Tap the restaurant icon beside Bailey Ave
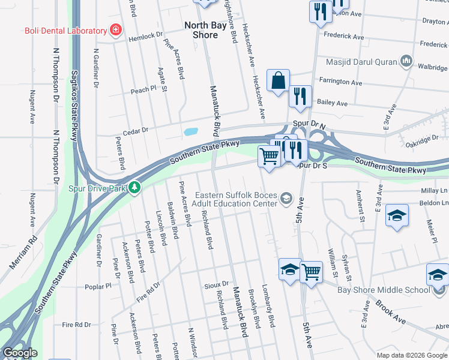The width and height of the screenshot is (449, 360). click(298, 97)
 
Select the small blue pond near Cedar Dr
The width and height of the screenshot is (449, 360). click(191, 131)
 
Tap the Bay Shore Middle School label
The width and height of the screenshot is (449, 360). click(393, 290)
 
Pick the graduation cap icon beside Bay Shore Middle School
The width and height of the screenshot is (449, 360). click(438, 275)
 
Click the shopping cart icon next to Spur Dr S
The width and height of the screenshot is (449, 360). click(270, 157)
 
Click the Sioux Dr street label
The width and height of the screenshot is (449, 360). click(217, 284)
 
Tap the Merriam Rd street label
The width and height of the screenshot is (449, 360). click(23, 251)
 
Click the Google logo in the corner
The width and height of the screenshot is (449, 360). click(20, 353)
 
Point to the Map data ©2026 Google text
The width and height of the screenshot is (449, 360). click(411, 355)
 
